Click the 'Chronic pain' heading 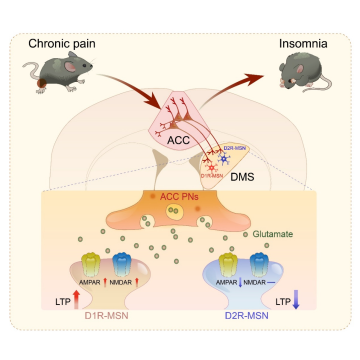[x=61, y=43]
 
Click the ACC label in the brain [x=178, y=140]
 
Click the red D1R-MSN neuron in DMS [x=212, y=167]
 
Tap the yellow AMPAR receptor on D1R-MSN [x=91, y=264]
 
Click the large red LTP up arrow [x=76, y=299]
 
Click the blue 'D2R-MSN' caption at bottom [x=245, y=315]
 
